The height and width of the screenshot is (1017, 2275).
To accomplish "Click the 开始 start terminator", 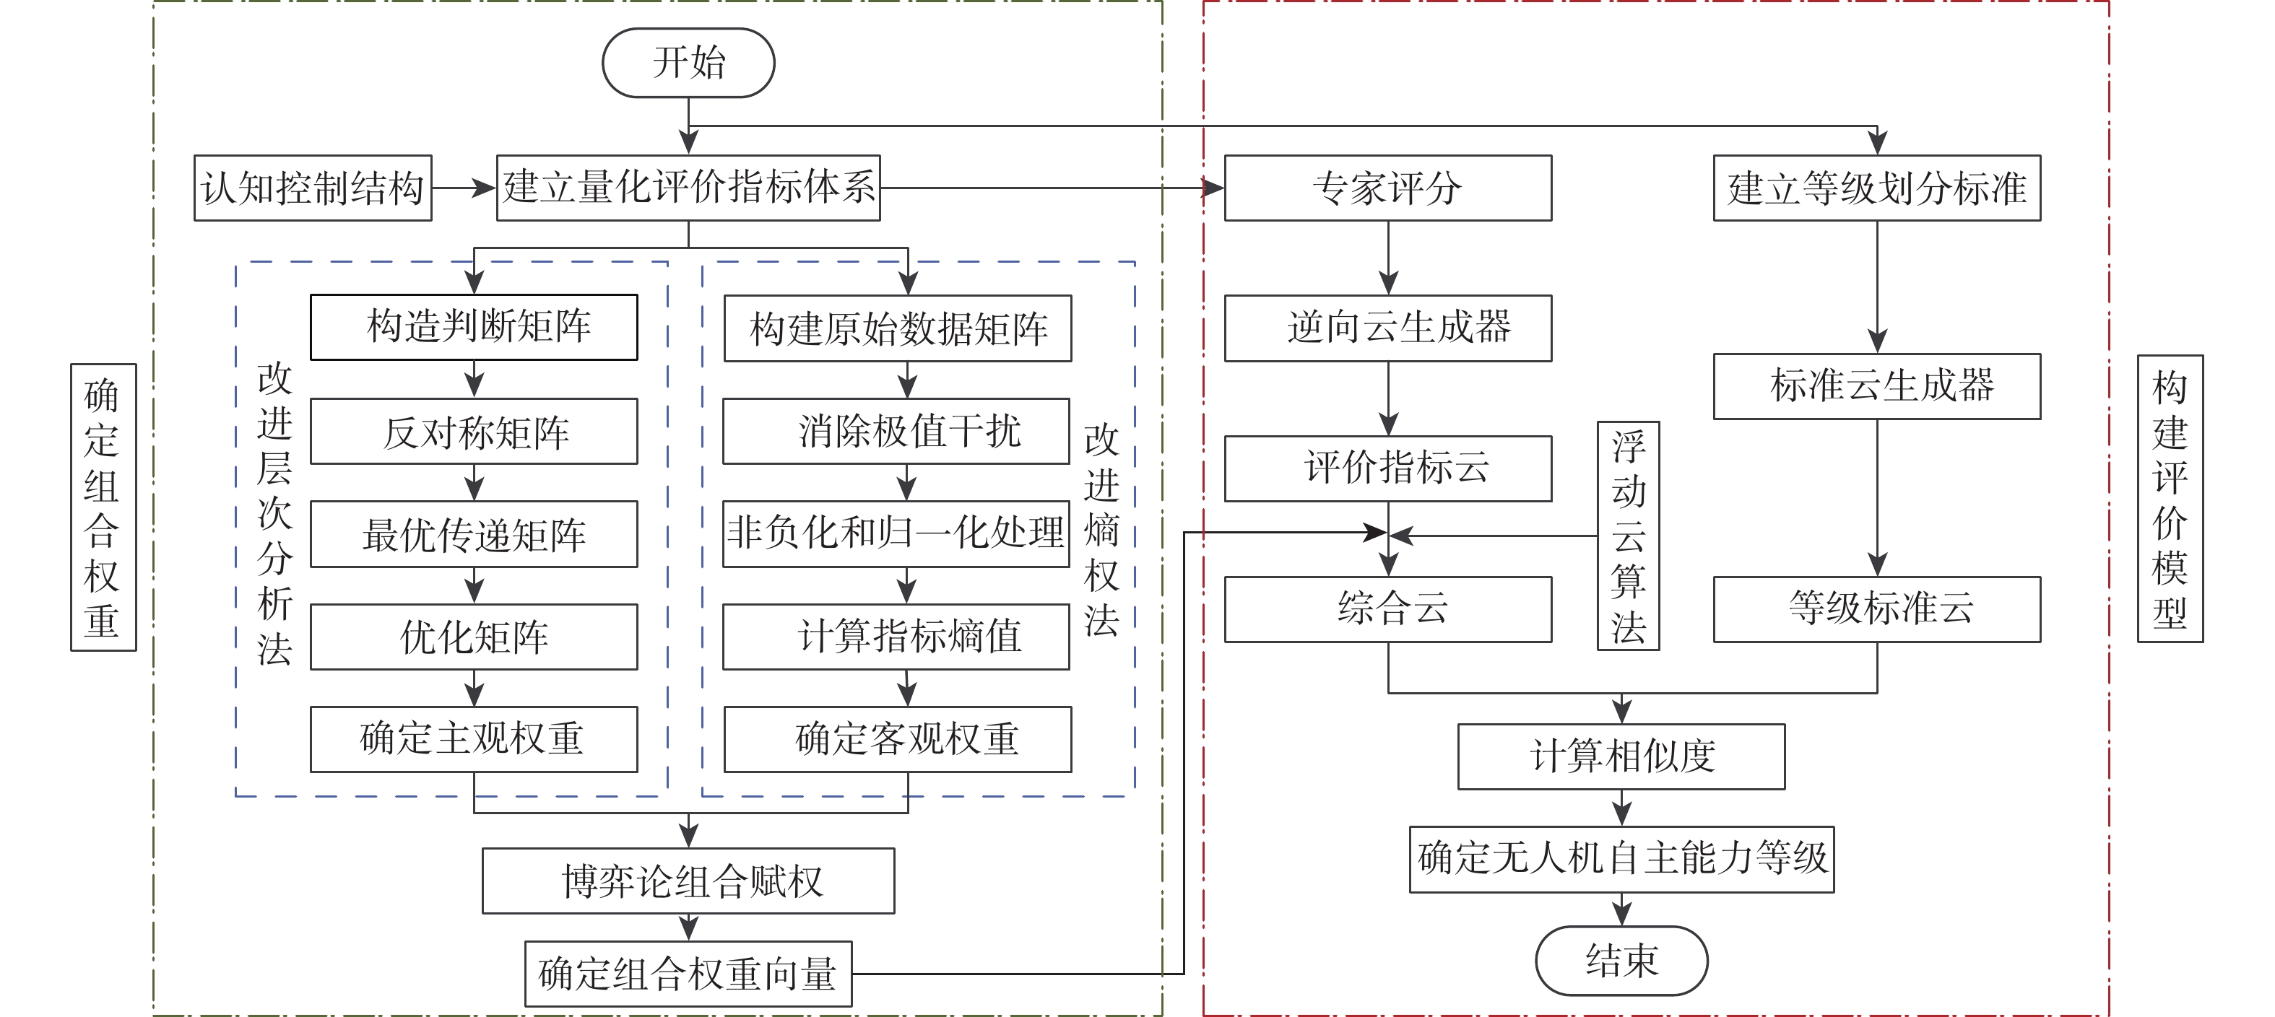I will pos(688,63).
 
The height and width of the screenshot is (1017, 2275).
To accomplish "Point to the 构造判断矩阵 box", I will pos(474,327).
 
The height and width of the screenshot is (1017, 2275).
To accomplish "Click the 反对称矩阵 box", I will pos(474,432).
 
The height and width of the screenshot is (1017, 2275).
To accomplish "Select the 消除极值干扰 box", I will pos(896,432).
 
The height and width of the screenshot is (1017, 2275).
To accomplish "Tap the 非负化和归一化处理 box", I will pos(896,534).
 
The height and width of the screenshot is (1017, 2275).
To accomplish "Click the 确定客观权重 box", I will pos(897,739).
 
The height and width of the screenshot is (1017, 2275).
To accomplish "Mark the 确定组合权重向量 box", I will pos(688,974).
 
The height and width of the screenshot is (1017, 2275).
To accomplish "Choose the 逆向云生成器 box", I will pos(1387,328).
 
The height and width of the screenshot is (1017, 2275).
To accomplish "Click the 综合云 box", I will pos(1387,609).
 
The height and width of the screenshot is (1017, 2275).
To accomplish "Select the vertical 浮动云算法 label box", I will pos(1629,536).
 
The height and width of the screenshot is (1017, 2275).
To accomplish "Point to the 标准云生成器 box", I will pos(1877,385).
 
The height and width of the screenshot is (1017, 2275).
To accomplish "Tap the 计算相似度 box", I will pos(1621,756).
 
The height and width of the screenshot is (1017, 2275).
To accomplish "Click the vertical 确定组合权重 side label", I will pos(103,507).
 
